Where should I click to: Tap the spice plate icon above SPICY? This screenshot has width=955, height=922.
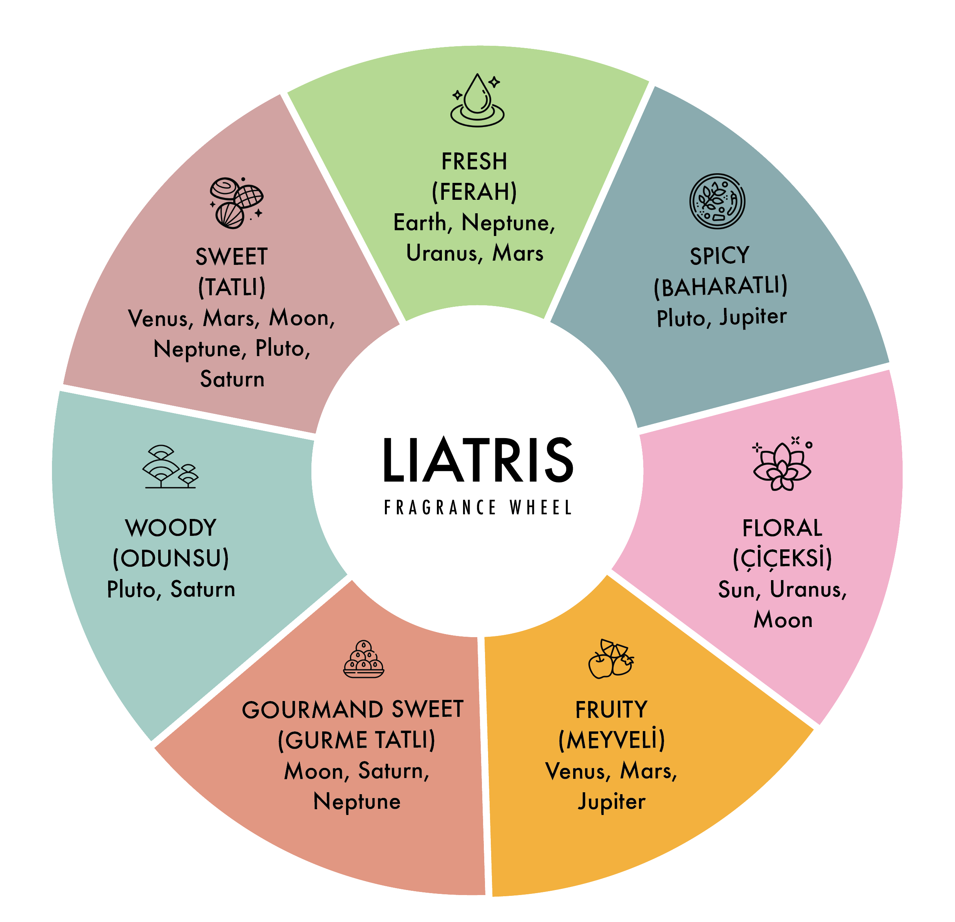tap(717, 201)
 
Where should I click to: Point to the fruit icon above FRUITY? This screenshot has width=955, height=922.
tap(611, 659)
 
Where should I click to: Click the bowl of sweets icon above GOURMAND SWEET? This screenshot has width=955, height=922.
tap(363, 659)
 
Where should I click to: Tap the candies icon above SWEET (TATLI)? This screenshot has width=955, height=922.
tap(236, 203)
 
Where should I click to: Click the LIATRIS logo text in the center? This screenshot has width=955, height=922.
tap(478, 460)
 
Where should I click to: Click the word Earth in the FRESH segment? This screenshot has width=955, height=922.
tap(420, 223)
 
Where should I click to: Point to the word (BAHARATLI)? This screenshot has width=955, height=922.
tap(720, 286)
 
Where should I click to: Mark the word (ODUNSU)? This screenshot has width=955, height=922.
tap(171, 558)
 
